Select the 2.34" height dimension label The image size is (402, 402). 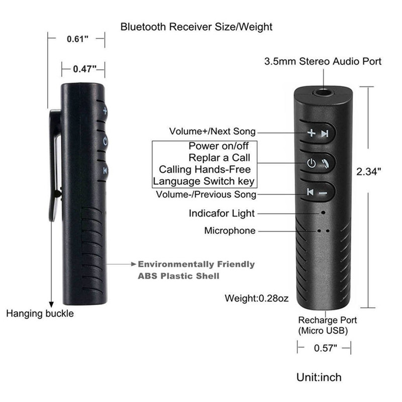point(369,171)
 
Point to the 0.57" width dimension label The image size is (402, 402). point(325,348)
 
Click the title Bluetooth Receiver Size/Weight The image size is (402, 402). point(196,27)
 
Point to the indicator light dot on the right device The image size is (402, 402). point(323,213)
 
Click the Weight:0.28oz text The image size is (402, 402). point(257,299)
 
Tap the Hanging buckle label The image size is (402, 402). point(40,314)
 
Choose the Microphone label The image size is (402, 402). point(230,231)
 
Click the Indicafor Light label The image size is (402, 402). point(222,213)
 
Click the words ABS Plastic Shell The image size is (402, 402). point(178,276)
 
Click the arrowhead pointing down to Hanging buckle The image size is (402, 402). point(51,303)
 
